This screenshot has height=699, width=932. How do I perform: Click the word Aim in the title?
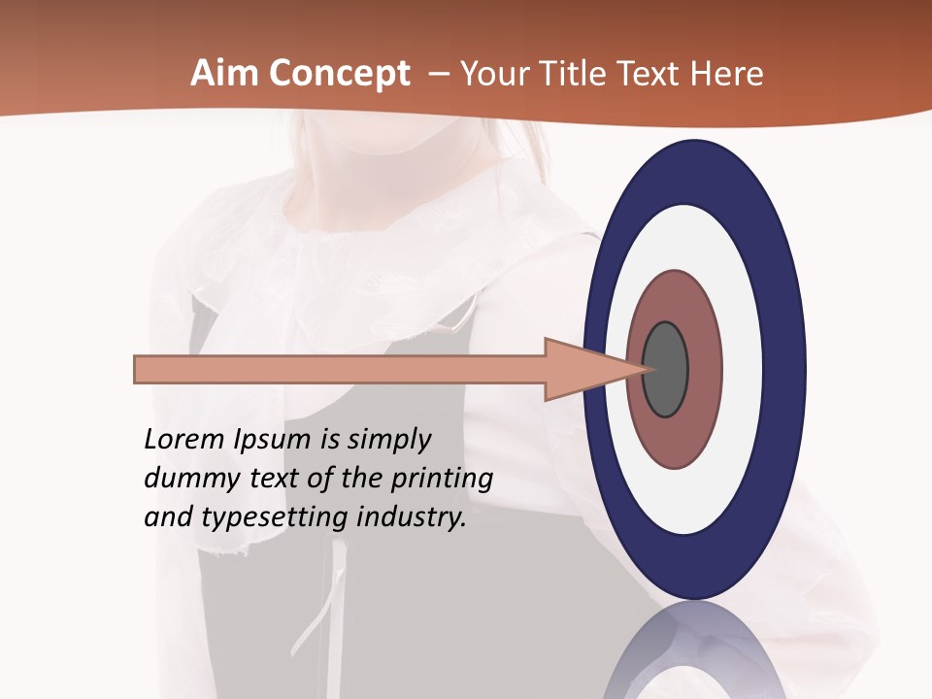[226, 74]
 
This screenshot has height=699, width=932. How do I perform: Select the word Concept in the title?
[340, 74]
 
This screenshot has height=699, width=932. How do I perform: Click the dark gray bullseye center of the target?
[666, 370]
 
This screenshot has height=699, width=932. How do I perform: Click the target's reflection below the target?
[695, 650]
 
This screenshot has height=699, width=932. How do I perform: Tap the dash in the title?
[438, 75]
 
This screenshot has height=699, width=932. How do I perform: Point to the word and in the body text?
[168, 517]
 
